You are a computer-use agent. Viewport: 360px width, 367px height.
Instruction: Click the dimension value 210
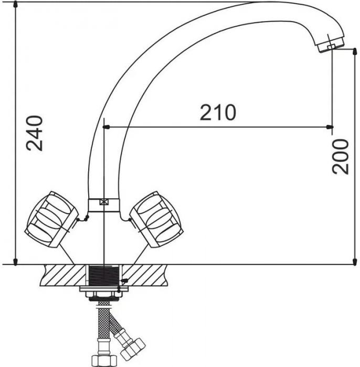(x=218, y=112)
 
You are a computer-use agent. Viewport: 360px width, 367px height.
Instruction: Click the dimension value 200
(x=341, y=156)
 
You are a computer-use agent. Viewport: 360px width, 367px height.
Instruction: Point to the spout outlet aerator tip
(x=330, y=48)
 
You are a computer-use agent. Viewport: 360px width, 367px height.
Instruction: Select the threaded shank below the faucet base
(x=104, y=275)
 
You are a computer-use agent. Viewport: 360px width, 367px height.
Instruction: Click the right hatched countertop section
(x=152, y=274)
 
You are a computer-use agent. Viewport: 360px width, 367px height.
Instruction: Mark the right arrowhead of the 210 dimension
(x=330, y=126)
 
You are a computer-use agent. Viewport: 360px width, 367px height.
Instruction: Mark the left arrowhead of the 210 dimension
(x=107, y=126)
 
